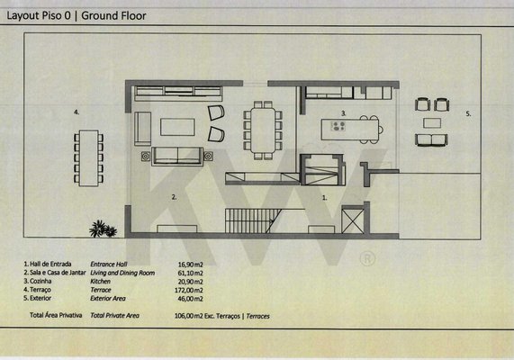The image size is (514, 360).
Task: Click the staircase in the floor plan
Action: pyautogui.click(x=253, y=220)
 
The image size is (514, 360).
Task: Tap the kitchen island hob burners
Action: pyautogui.click(x=338, y=126)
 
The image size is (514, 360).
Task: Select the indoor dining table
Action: pyautogui.click(x=263, y=130)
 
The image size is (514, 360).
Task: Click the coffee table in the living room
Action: pyautogui.click(x=177, y=127)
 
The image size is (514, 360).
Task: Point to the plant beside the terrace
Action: pyautogui.click(x=103, y=229)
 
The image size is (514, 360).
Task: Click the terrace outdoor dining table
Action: pyautogui.click(x=89, y=158)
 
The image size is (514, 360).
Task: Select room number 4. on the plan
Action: pyautogui.click(x=77, y=112)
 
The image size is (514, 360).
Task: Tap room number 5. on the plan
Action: pyautogui.click(x=468, y=113)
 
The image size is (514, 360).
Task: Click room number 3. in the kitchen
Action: pyautogui.click(x=344, y=113)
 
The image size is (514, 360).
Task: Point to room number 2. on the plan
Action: pyautogui.click(x=174, y=197)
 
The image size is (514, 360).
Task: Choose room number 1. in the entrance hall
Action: pyautogui.click(x=325, y=198)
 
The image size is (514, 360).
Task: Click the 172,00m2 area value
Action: pyautogui.click(x=188, y=290)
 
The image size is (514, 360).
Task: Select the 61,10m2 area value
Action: pyautogui.click(x=190, y=273)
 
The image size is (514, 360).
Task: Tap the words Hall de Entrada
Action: pyautogui.click(x=50, y=264)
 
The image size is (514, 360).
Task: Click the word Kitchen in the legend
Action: pyautogui.click(x=100, y=282)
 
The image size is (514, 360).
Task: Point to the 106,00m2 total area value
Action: pyautogui.click(x=188, y=316)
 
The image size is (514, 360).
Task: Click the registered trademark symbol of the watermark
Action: pyautogui.click(x=367, y=258)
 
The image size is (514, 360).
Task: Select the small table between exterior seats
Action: pyautogui.click(x=432, y=123)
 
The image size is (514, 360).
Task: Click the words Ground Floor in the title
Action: pyautogui.click(x=113, y=15)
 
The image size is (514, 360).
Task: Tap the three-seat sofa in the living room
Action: pyautogui.click(x=177, y=156)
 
